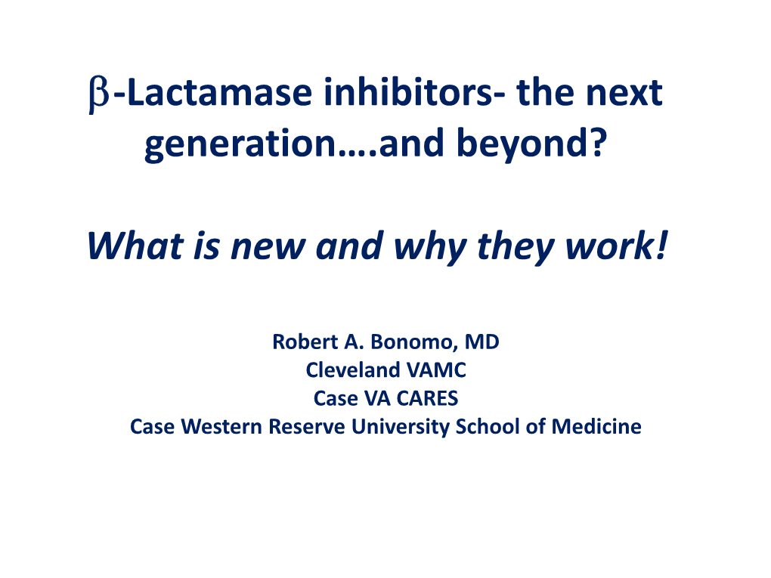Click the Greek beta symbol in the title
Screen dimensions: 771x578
(x=99, y=95)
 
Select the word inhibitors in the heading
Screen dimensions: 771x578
(x=407, y=92)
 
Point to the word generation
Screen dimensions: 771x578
(x=240, y=144)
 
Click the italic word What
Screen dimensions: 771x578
(x=135, y=245)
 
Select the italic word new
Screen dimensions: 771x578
(x=268, y=248)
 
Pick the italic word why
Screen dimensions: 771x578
(x=430, y=248)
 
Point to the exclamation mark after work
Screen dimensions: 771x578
(x=661, y=245)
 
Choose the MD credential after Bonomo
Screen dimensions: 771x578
(x=482, y=342)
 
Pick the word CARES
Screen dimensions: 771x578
(x=427, y=399)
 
